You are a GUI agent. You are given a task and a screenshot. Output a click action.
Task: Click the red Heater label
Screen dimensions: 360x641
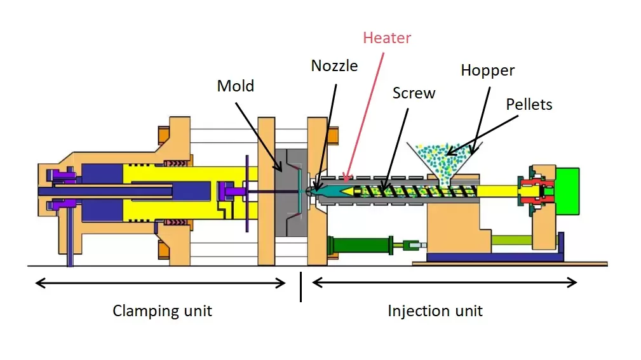pos(387,38)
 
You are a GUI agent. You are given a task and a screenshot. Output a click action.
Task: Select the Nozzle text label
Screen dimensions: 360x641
pos(334,65)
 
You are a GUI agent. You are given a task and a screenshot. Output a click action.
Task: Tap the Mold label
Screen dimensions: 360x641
pos(235,86)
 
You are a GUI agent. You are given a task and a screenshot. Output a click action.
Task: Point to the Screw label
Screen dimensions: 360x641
pos(414,93)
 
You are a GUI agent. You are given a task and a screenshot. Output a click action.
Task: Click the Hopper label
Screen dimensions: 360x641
pos(487,70)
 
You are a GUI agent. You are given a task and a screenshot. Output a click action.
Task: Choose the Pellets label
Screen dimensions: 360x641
pos(529,104)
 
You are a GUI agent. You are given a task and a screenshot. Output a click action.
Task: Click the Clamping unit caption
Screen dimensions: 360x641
pos(162,310)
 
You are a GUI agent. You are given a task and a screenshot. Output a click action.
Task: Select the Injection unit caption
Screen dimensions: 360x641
pos(435,310)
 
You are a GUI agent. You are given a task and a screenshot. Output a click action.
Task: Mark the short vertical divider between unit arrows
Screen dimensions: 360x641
pos(300,286)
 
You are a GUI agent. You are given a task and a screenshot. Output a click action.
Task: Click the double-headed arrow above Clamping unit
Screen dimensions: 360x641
pos(160,283)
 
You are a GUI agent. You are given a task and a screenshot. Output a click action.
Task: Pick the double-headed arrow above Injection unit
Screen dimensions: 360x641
pos(444,283)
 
